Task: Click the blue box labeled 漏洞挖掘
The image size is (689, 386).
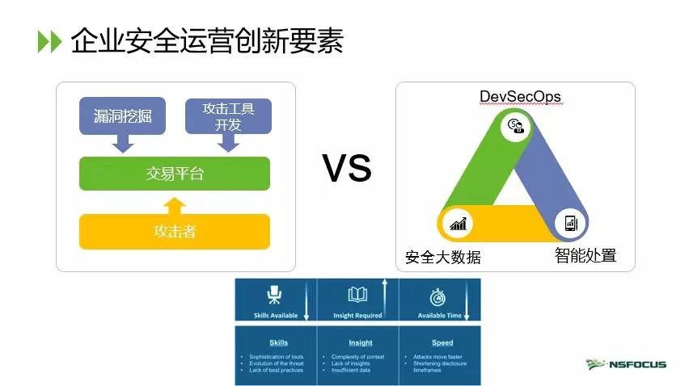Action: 123,117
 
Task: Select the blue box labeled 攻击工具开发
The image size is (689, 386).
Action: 228,116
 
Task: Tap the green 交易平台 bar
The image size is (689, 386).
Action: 174,174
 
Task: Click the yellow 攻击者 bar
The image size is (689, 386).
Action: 174,232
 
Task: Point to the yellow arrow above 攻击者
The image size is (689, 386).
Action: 174,203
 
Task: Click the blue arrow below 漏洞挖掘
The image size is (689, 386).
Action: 123,143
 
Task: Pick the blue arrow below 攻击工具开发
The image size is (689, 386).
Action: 229,143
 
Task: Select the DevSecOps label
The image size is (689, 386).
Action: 520,97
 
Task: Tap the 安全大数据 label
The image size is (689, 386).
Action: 442,258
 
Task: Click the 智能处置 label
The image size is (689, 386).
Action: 585,256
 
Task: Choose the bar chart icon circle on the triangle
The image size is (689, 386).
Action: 459,224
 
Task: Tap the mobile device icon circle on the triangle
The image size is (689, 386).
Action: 569,223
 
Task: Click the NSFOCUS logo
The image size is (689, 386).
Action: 627,364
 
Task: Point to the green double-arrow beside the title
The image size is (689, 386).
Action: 49,42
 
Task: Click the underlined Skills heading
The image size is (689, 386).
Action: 278,343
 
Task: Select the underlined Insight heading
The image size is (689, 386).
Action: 361,343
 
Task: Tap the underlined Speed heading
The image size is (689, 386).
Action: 442,343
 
